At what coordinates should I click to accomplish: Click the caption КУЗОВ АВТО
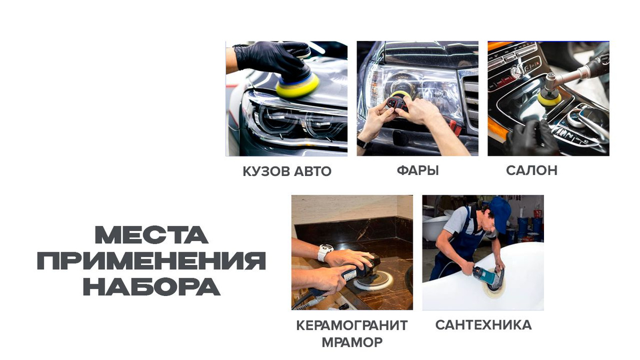coord(287,171)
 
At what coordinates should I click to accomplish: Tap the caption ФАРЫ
coord(418,171)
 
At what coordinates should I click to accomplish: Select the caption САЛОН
coord(532,171)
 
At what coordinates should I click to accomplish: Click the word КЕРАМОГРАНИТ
coord(352,325)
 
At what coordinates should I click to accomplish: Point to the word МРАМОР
coord(352,342)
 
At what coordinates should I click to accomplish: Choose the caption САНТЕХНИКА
coord(483,325)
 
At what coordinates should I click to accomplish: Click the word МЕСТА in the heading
coord(151,235)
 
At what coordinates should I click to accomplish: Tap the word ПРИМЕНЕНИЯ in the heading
coord(151,261)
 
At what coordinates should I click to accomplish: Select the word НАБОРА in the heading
coord(151,287)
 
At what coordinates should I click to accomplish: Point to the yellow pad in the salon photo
coord(549,98)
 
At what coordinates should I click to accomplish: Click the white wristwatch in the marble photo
coord(325,253)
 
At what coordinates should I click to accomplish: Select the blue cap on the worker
coord(501,213)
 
